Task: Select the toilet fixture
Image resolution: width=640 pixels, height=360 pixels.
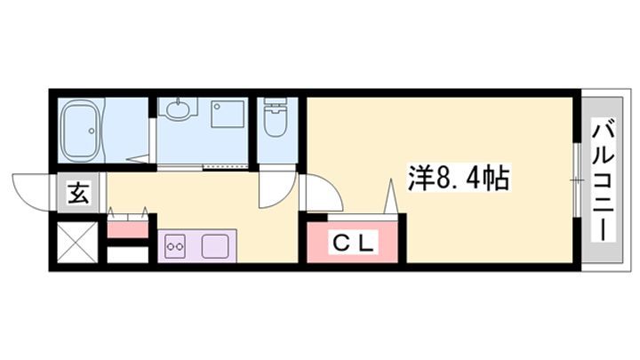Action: [276, 119]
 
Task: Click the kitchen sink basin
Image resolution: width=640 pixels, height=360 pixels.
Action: [215, 244]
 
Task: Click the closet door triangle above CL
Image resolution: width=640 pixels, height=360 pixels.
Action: [389, 196]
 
